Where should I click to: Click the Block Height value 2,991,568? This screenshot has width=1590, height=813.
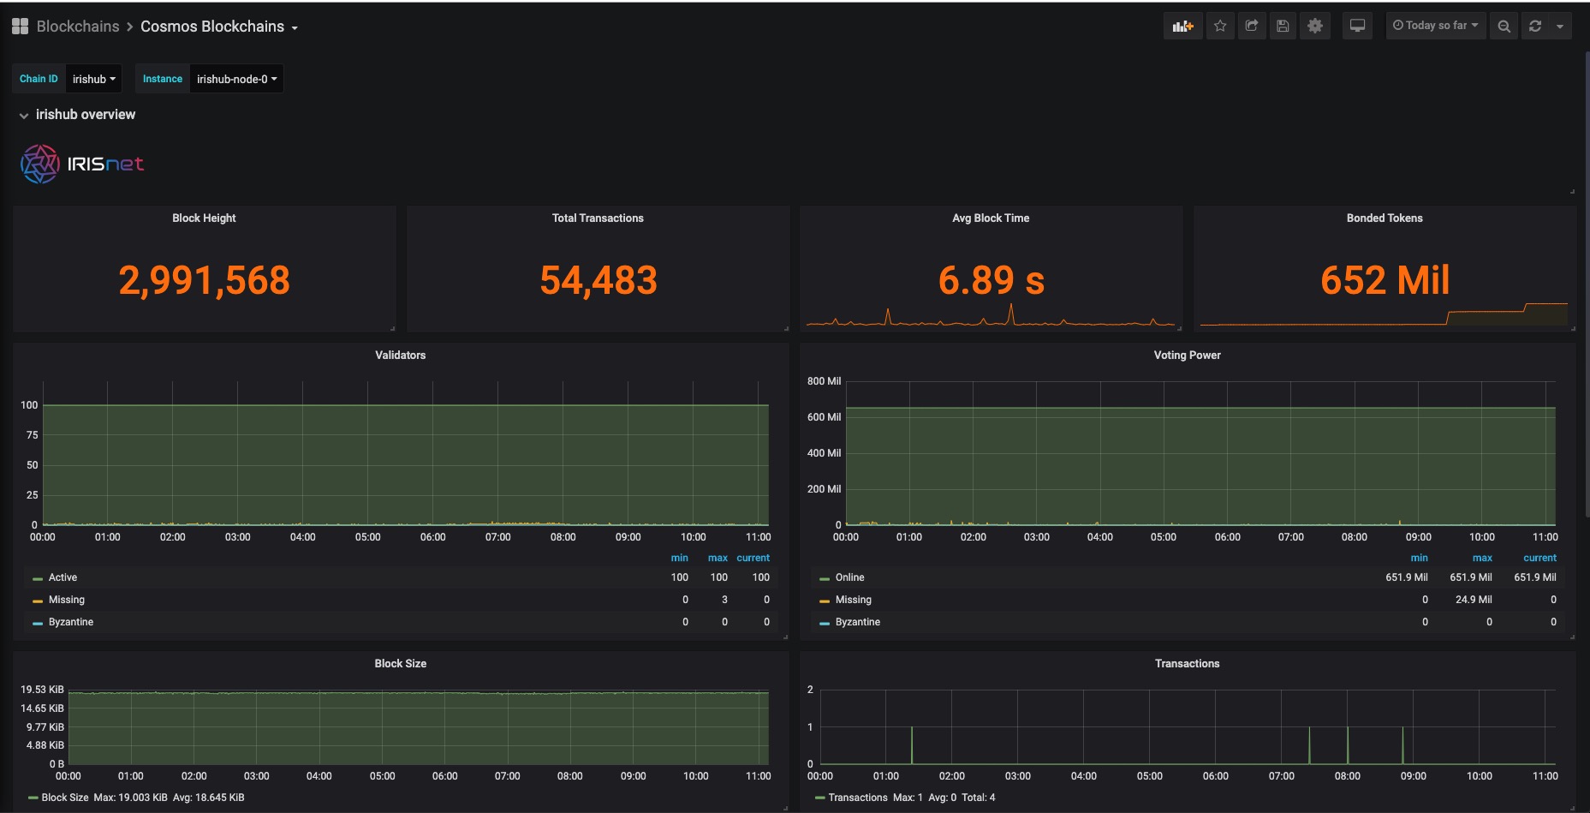click(204, 280)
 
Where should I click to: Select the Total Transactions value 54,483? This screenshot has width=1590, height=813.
click(598, 280)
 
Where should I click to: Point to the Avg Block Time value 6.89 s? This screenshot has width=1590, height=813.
click(991, 280)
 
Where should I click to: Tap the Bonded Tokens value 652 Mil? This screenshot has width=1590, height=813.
click(1385, 280)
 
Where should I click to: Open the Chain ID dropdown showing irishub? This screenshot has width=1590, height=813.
click(93, 79)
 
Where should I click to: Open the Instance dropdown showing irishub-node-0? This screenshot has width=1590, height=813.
click(236, 79)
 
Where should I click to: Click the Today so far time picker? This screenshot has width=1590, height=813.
click(1435, 26)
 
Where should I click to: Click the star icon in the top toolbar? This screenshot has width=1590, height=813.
click(1220, 26)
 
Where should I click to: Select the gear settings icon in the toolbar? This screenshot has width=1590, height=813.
click(1315, 26)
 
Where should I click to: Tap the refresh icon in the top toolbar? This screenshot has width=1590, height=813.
click(1535, 26)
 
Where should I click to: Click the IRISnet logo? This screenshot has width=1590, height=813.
click(82, 164)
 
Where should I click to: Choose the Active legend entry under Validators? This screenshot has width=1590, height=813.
click(63, 577)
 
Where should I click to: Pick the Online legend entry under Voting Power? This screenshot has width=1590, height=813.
click(849, 577)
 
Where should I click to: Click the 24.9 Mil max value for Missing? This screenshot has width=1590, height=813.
click(1474, 600)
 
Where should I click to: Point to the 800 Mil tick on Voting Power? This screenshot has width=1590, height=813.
click(824, 381)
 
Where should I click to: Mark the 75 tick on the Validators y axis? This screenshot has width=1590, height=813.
click(32, 435)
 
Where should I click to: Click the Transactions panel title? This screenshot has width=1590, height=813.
click(1187, 663)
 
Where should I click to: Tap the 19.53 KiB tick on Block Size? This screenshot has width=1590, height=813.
click(42, 690)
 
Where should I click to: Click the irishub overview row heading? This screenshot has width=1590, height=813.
click(85, 115)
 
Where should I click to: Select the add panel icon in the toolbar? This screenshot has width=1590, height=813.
click(1182, 26)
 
